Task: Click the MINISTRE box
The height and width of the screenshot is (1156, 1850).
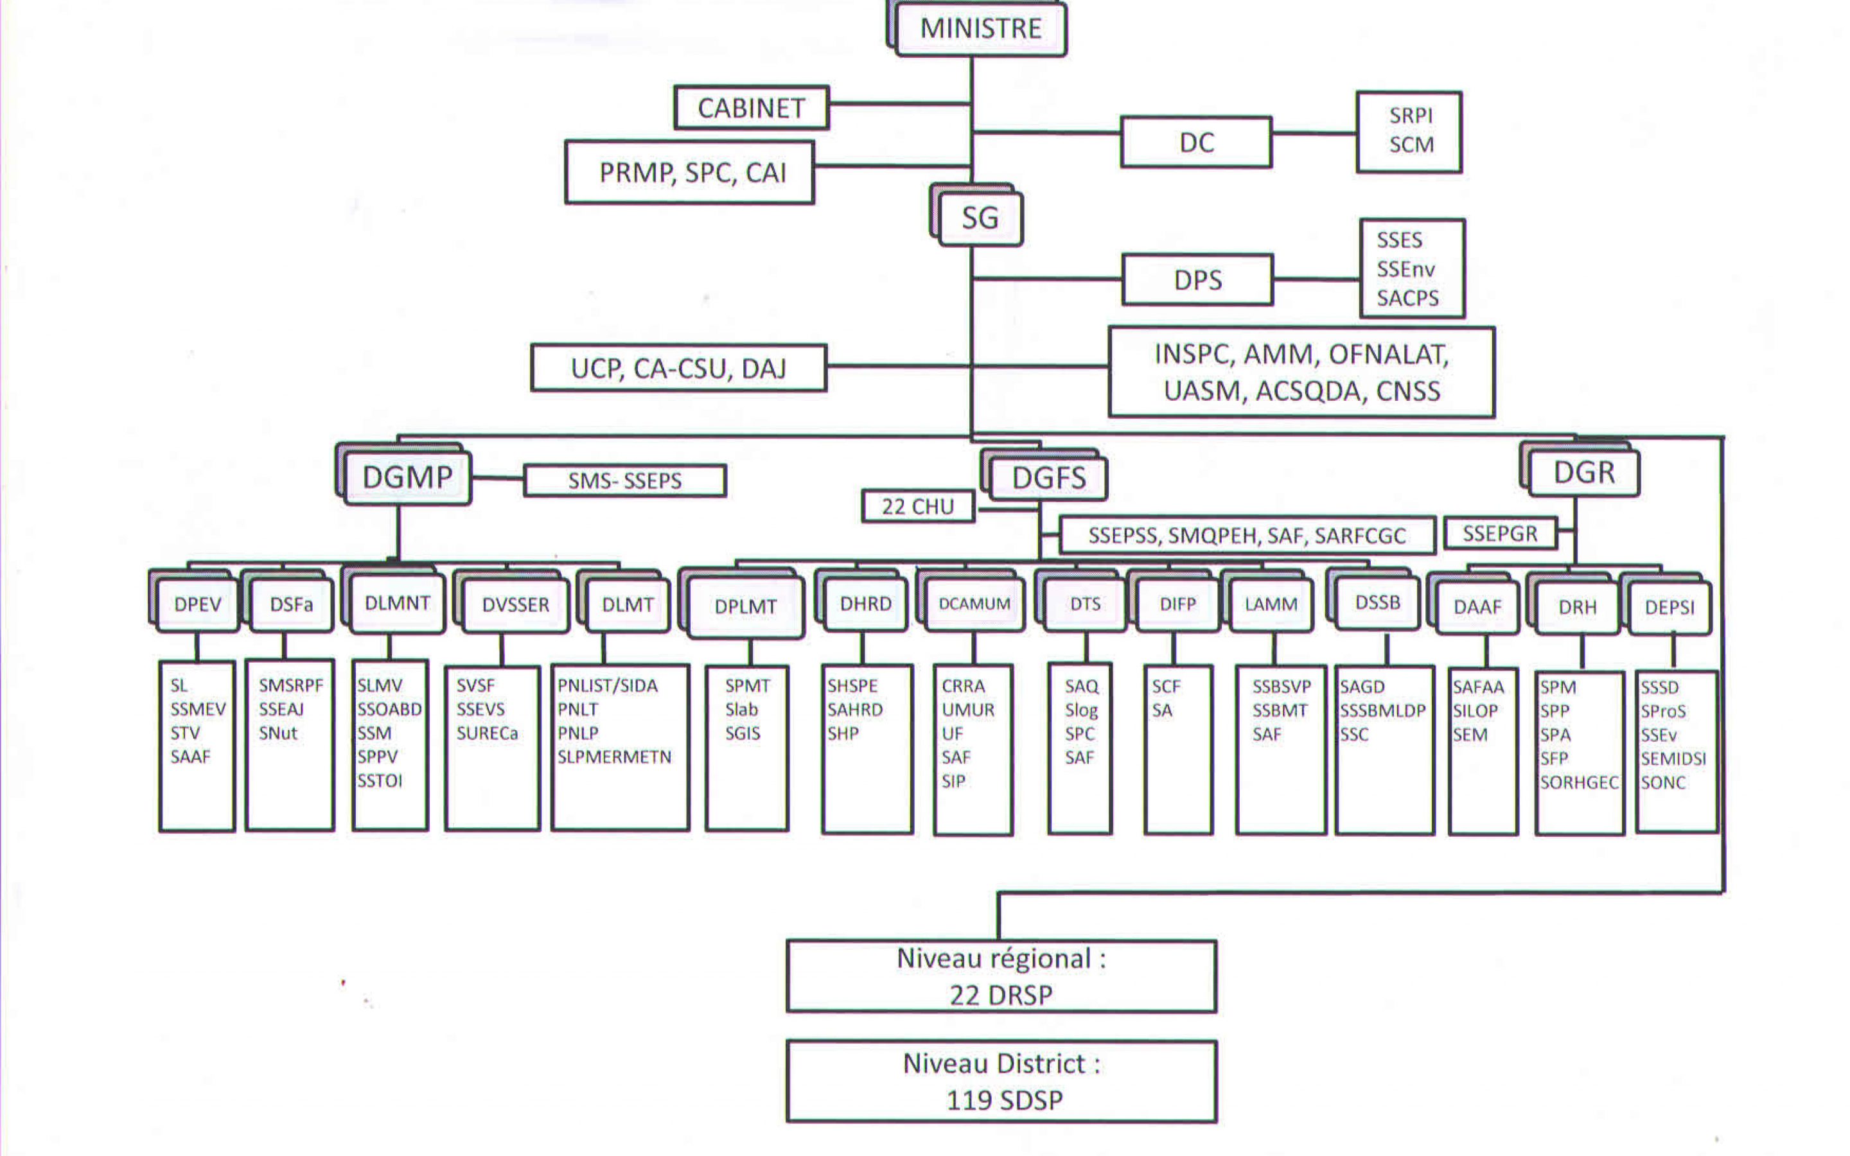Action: tap(980, 29)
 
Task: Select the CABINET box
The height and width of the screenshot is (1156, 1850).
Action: tap(752, 108)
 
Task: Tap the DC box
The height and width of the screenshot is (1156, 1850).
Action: tap(1195, 142)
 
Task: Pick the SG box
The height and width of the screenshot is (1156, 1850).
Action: tap(980, 218)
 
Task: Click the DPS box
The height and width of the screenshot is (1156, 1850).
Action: tap(1197, 280)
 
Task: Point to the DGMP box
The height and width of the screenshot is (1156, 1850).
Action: tap(407, 478)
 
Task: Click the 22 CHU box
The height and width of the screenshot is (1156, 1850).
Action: tap(917, 507)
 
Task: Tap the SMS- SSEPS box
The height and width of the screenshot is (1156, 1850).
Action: tap(624, 481)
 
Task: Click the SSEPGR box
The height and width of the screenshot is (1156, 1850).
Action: tap(1500, 534)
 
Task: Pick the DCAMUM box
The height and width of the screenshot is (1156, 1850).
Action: tap(974, 604)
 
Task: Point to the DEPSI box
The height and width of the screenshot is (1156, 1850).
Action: tap(1669, 608)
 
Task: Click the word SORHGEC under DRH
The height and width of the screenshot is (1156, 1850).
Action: tap(1579, 783)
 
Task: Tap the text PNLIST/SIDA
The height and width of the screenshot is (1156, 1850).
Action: tap(607, 686)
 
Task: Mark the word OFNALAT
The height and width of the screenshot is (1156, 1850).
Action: tap(1388, 355)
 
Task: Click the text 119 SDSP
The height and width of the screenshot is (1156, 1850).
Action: tap(1004, 1100)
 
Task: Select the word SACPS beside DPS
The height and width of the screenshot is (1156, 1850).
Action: tap(1407, 298)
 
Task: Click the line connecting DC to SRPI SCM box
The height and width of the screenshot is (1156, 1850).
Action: tap(1314, 133)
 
